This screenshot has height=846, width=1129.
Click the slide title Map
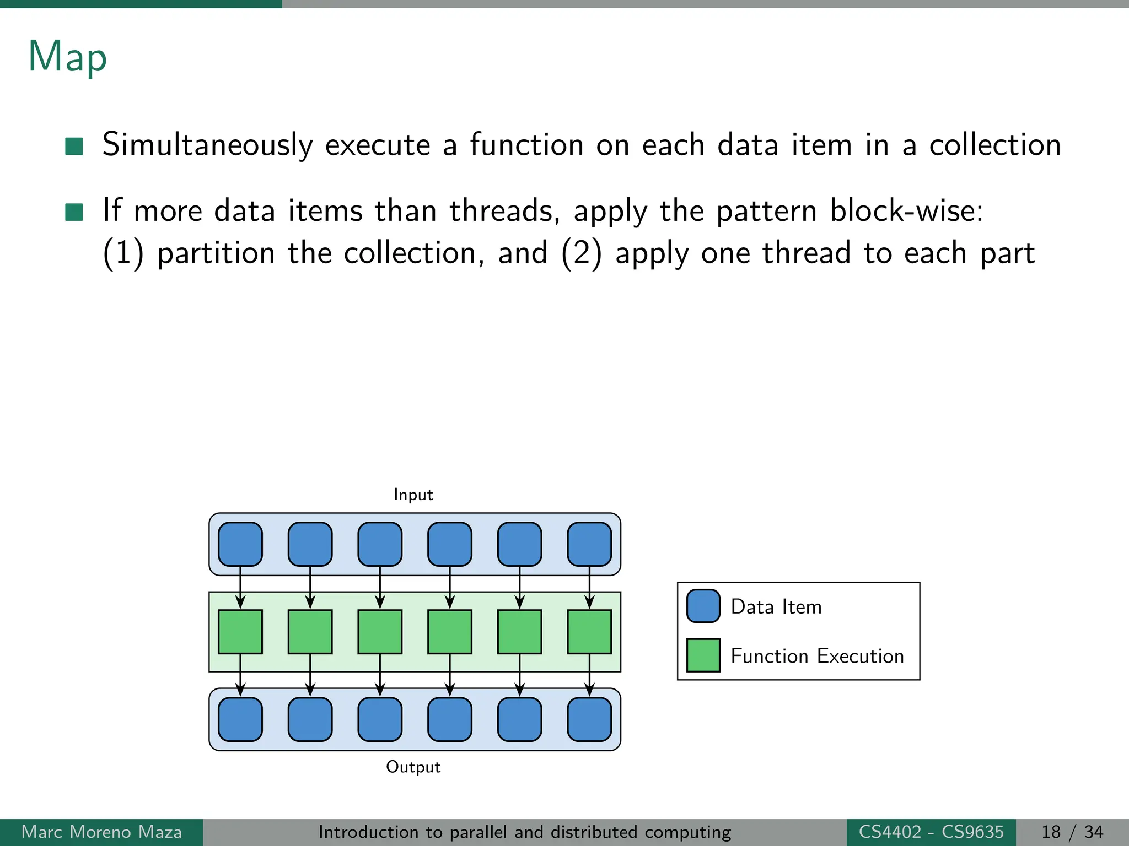[67, 57]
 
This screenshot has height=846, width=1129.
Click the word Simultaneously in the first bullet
[207, 145]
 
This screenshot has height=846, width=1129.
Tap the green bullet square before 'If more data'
[74, 212]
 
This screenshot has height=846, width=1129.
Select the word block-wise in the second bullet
[906, 211]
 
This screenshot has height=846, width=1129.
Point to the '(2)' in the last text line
[581, 254]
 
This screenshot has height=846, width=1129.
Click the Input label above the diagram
[413, 495]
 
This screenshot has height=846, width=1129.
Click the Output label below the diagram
[413, 767]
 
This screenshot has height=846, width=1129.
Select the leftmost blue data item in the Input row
[240, 544]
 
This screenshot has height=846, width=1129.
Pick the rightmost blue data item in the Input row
[589, 544]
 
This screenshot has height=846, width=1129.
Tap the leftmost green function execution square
[240, 632]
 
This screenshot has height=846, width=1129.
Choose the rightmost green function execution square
[589, 632]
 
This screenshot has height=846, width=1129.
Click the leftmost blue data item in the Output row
[240, 719]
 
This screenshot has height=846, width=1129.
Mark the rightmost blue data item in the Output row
[589, 719]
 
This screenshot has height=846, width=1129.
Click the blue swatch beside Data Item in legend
[703, 606]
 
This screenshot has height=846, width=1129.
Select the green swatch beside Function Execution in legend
[703, 655]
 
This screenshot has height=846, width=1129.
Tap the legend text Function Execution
[817, 656]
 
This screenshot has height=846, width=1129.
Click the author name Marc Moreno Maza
[101, 832]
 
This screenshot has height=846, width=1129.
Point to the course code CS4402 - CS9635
[931, 832]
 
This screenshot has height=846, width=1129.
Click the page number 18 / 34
[1072, 832]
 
